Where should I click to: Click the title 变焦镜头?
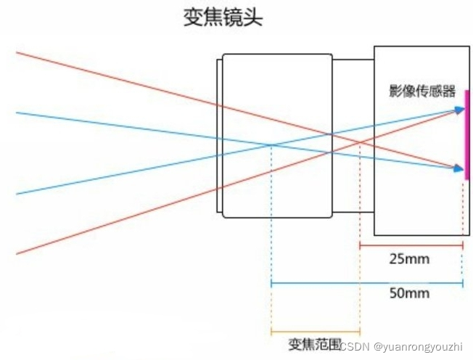(x=222, y=18)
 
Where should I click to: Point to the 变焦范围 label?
(x=315, y=343)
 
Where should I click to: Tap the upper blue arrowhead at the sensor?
(x=460, y=110)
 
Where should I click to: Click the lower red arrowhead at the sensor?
(x=460, y=169)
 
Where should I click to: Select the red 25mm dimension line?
(x=411, y=245)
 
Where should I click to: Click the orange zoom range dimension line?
(x=315, y=332)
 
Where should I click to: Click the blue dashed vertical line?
(x=271, y=218)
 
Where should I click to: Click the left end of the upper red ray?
(x=17, y=52)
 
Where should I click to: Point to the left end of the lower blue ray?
(x=17, y=194)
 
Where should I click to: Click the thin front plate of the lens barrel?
(x=219, y=135)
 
